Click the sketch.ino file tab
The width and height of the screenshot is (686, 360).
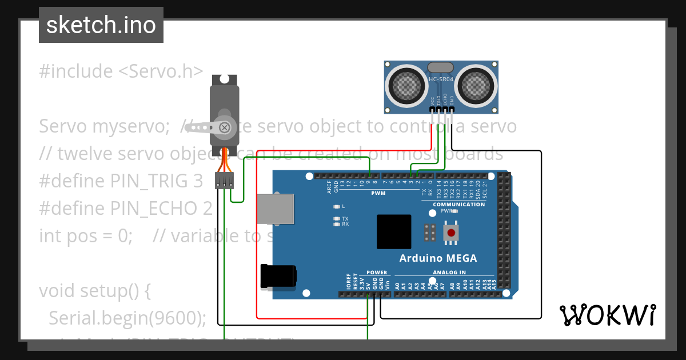(101, 25)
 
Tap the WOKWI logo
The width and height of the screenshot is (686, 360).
(607, 315)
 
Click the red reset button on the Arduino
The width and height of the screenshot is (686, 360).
(452, 233)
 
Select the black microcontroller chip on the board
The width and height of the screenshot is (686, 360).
(394, 231)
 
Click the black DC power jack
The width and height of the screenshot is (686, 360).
(278, 276)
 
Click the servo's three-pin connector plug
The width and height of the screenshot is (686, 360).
(224, 181)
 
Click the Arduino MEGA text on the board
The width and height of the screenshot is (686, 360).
(438, 258)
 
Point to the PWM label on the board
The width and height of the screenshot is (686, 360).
(378, 193)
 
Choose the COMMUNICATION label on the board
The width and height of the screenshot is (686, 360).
(458, 205)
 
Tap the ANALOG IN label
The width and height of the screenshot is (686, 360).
(449, 273)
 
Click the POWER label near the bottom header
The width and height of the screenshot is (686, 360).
(377, 273)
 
